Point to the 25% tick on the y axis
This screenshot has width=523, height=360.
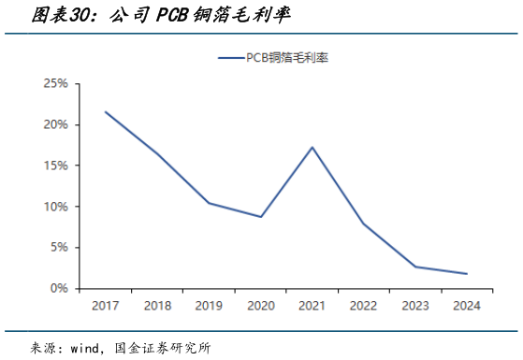[x=55, y=83]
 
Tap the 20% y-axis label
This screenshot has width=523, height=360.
[x=55, y=124]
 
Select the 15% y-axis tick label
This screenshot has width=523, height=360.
[x=55, y=166]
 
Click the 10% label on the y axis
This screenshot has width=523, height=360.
[x=55, y=207]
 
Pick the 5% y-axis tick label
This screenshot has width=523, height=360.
[x=58, y=248]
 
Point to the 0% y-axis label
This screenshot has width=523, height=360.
[x=58, y=289]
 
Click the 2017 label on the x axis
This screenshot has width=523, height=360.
[x=105, y=306]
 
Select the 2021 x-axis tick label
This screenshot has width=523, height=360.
[x=312, y=306]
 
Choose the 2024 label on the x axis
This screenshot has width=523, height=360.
[x=466, y=306]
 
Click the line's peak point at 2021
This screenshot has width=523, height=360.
[x=312, y=147]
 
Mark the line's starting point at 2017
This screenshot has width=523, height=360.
[x=105, y=112]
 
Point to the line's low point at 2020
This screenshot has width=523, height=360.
[x=260, y=217]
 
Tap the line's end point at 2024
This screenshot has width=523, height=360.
[x=466, y=274]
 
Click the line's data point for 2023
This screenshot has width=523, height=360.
[x=414, y=267]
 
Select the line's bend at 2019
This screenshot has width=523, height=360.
[x=208, y=203]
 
